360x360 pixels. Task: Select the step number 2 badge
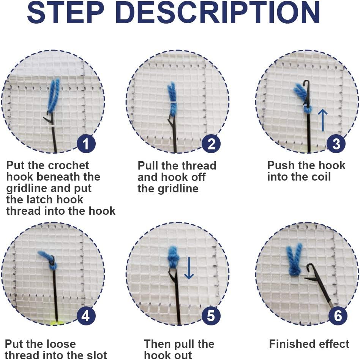[x=211, y=144]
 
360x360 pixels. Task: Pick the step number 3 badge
[x=336, y=144]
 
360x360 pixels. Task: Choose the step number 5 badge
[x=211, y=316]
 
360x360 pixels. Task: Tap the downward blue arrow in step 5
[x=189, y=268]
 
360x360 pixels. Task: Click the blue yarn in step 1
[x=54, y=95]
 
